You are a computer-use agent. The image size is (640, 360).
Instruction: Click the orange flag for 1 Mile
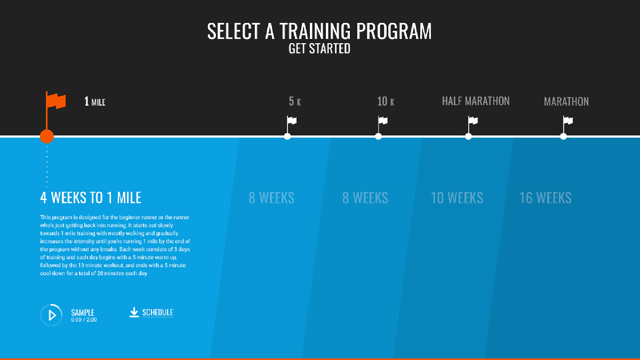tap(55, 101)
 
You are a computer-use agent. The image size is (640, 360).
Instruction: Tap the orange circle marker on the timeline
tap(47, 137)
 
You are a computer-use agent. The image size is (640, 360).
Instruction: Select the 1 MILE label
tap(95, 101)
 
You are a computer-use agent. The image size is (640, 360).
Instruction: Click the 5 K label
tap(294, 101)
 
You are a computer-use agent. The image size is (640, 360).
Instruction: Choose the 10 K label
tap(386, 101)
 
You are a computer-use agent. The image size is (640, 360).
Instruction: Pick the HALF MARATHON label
tap(476, 101)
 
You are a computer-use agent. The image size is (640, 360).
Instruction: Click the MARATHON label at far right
tap(566, 101)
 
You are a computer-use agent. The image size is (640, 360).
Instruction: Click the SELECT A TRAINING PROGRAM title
tap(319, 31)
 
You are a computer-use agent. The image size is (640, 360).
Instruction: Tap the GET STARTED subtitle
tap(319, 49)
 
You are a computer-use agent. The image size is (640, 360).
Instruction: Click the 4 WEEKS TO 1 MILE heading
tap(91, 198)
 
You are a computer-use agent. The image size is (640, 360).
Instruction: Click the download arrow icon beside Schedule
tap(134, 313)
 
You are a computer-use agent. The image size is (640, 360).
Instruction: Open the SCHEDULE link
tap(158, 313)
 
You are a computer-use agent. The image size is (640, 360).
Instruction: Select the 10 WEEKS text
tap(457, 198)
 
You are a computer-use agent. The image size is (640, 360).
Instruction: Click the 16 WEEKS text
tap(546, 198)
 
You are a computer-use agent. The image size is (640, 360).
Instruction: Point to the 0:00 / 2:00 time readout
tap(84, 319)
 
